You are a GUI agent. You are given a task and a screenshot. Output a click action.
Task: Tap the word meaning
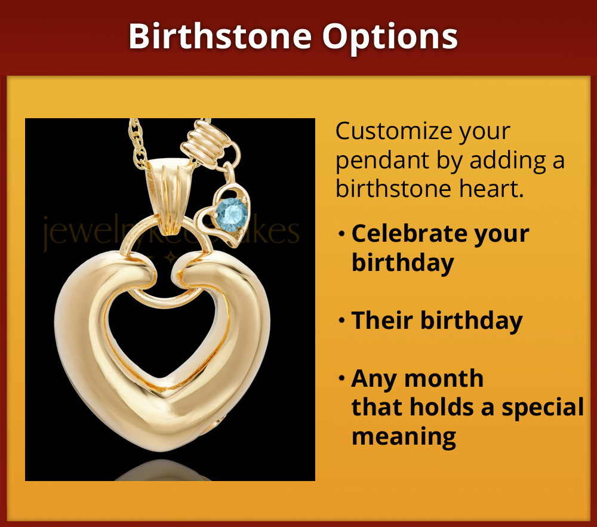(404, 436)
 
